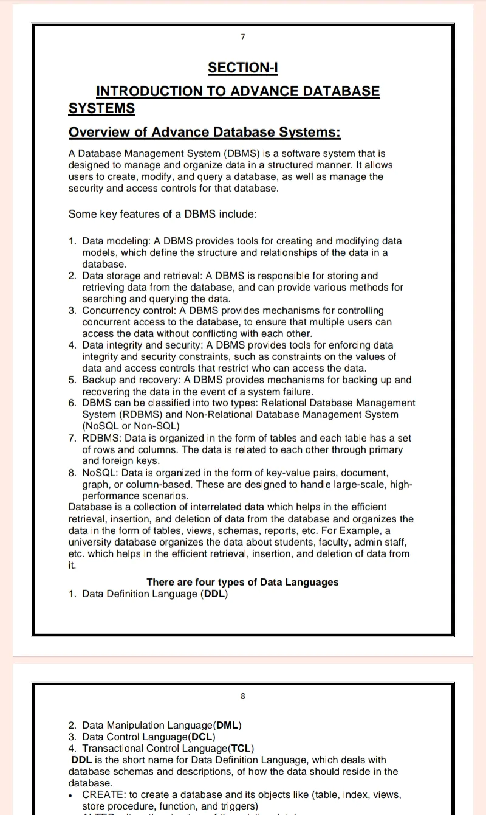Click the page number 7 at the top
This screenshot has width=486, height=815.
point(242,38)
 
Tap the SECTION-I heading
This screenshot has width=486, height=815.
point(242,68)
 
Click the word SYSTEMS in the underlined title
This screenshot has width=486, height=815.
point(101,109)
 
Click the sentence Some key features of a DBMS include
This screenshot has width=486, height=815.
point(163,214)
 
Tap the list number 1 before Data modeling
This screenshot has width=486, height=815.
point(72,241)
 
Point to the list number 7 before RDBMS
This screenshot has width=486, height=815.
point(72,438)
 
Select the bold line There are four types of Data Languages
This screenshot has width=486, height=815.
point(242,583)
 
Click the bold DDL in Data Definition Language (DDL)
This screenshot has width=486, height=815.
point(214,594)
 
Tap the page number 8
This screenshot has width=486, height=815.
point(242,696)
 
